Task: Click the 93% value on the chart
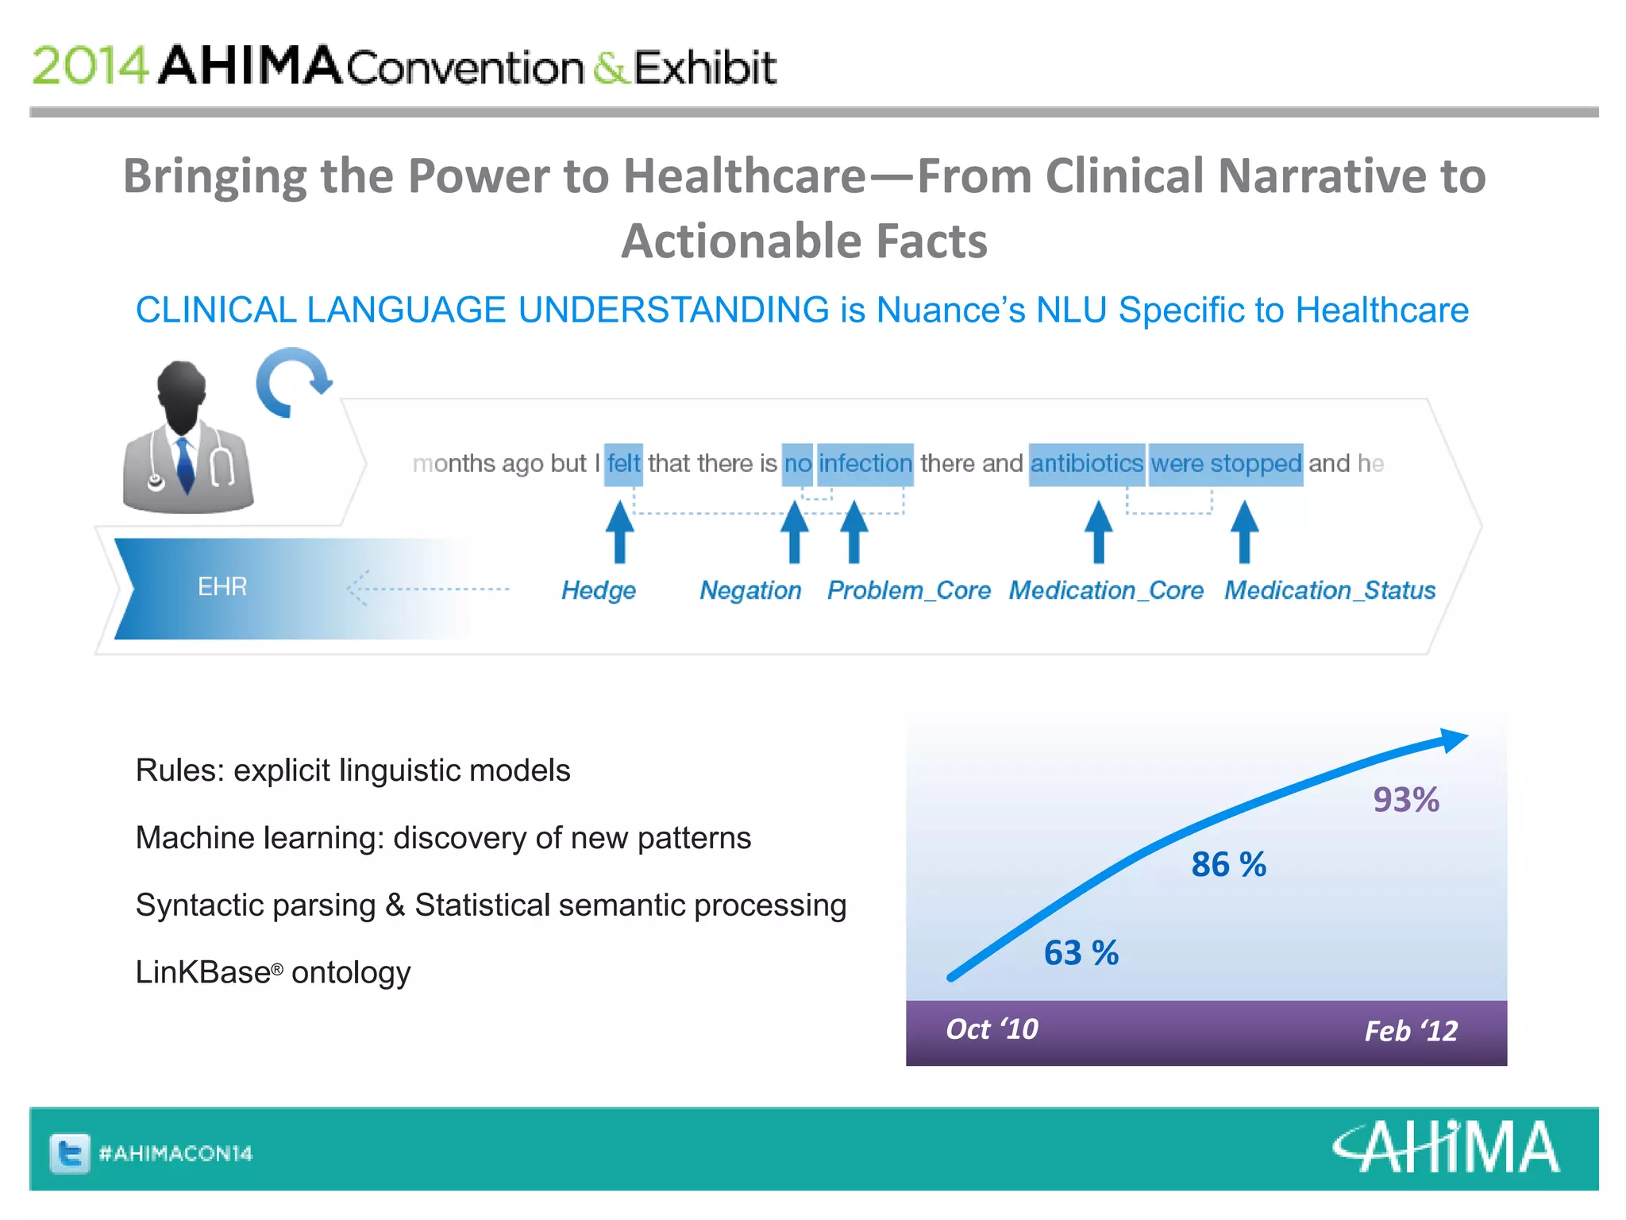1405,799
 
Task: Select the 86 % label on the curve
1228,864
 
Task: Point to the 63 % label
1081,952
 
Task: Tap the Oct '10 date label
992,1029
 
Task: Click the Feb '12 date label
1411,1031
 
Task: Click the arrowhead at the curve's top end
1455,739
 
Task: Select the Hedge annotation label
598,590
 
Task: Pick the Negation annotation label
749,590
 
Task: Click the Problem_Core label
908,590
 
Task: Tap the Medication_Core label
1106,590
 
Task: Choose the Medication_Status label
1329,590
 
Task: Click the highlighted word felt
623,464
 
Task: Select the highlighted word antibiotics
1086,464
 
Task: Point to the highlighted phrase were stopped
1226,464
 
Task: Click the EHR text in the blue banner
222,587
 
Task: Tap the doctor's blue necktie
185,464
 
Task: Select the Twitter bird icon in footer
70,1153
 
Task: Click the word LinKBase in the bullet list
203,972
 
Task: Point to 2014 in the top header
89,66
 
